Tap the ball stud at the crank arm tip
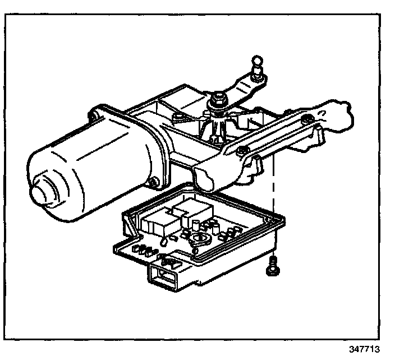click(257, 63)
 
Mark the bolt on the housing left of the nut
click(178, 117)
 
